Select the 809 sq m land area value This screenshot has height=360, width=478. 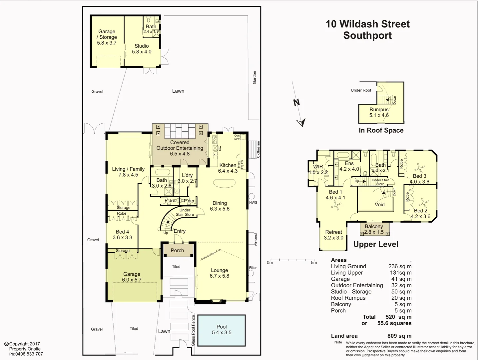[399, 336]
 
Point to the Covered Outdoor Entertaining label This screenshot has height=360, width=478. [180, 148]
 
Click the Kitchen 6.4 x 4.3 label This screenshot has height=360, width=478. [228, 168]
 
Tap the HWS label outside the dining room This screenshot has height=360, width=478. [253, 202]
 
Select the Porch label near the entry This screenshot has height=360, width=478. [177, 250]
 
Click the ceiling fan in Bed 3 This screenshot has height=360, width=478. [419, 167]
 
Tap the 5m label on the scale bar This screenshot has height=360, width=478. [314, 263]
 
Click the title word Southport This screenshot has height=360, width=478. [367, 35]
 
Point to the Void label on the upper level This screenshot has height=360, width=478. [379, 204]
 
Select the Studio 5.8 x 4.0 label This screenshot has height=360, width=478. [142, 49]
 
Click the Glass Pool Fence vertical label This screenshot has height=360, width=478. [193, 330]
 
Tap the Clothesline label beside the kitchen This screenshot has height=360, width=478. [258, 149]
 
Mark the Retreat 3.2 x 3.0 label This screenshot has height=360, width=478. [333, 235]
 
